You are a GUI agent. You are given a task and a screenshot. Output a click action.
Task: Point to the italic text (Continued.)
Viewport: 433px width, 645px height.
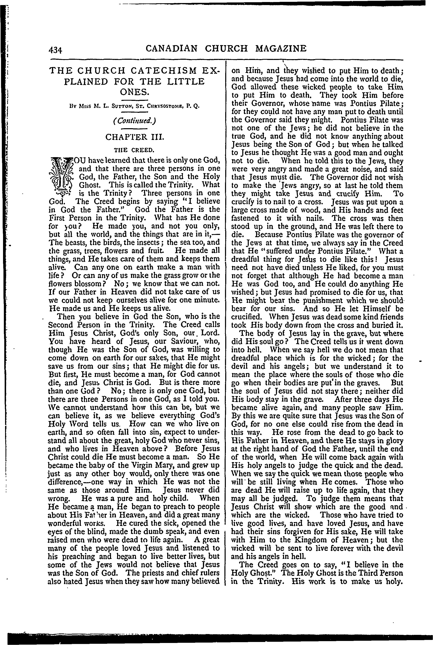tap(135, 120)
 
